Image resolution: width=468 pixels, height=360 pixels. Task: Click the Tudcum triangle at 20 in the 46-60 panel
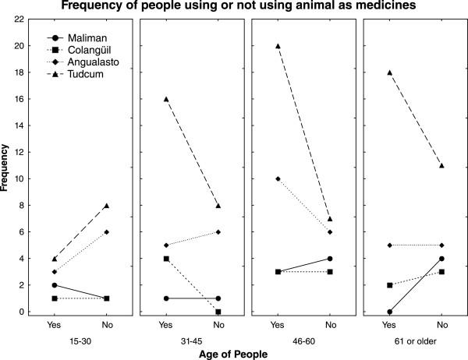(278, 46)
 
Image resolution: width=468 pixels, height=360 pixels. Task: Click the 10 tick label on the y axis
(20, 178)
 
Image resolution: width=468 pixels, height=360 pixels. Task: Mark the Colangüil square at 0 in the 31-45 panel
(218, 312)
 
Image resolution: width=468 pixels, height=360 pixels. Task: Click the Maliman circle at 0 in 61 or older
(389, 312)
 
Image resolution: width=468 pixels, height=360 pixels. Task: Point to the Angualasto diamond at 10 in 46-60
(278, 179)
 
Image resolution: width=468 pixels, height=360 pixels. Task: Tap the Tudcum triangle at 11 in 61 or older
(441, 165)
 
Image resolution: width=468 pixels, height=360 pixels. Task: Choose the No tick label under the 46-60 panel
(330, 324)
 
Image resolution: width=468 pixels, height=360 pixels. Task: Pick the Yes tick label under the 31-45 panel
(165, 324)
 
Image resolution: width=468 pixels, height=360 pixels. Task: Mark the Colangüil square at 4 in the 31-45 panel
(165, 259)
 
